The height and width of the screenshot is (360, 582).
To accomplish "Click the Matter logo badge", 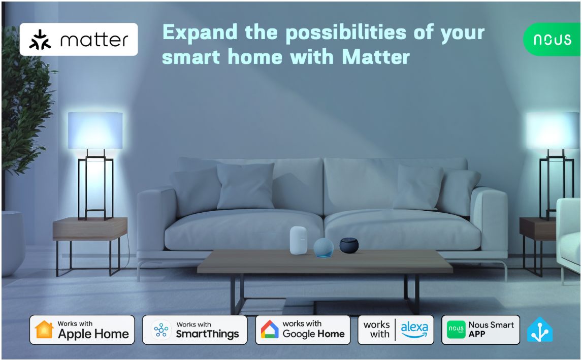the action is tap(79, 39).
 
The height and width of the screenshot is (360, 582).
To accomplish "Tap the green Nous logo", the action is tap(553, 39).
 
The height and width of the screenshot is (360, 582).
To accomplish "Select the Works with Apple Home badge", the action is tap(82, 330).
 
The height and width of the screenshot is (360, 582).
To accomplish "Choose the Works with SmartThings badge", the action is tap(195, 330).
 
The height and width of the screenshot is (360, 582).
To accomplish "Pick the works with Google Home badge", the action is tap(303, 330).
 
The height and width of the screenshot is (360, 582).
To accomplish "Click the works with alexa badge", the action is tap(396, 330).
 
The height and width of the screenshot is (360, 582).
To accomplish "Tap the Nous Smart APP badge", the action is tap(480, 330).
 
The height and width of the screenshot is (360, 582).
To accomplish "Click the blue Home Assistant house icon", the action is tap(540, 330).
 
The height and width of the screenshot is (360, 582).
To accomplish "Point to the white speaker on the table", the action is tap(299, 241).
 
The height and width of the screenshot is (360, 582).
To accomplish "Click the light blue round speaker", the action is tap(324, 248).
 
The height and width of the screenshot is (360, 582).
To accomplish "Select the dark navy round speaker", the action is tap(349, 246).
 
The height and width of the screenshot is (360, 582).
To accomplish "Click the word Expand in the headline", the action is tap(200, 32).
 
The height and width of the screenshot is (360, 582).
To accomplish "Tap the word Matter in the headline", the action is tap(376, 57).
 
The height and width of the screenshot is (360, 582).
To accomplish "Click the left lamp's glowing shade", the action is tap(95, 130).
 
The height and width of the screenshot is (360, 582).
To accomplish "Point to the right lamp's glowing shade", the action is tap(553, 130).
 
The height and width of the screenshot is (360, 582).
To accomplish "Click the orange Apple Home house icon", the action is tap(44, 330).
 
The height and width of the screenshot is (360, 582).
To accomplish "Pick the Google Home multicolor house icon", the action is tap(270, 330).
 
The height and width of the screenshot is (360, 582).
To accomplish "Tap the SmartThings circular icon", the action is tap(161, 330).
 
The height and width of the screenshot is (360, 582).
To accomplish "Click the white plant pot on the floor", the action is tap(13, 243).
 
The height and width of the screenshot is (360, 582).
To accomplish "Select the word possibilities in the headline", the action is tap(346, 32).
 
